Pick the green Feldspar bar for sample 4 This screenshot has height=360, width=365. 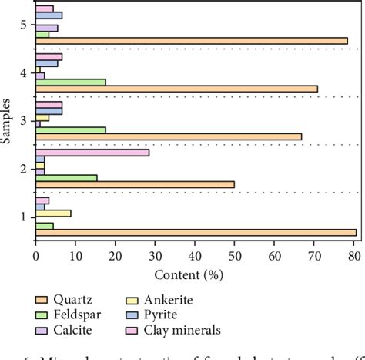click(x=71, y=81)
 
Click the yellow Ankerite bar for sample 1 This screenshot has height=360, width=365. click(x=53, y=213)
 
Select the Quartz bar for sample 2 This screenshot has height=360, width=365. click(x=135, y=184)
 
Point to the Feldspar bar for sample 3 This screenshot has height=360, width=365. click(x=71, y=130)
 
